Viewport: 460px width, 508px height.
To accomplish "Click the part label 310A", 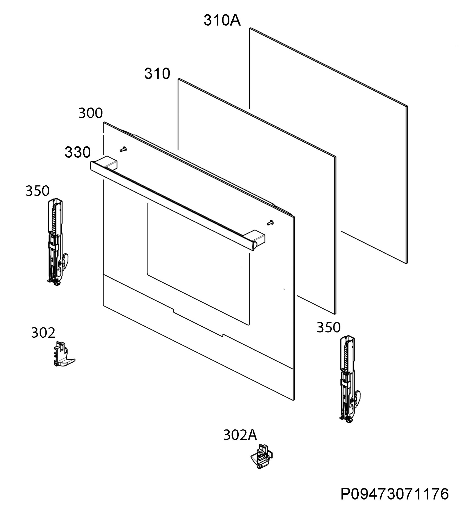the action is (222, 20).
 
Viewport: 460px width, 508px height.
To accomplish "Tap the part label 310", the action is (157, 74).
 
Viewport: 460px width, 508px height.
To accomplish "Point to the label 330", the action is (78, 152).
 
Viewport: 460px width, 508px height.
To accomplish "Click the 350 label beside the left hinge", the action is (37, 191).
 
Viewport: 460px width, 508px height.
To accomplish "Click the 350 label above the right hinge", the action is (328, 327).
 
